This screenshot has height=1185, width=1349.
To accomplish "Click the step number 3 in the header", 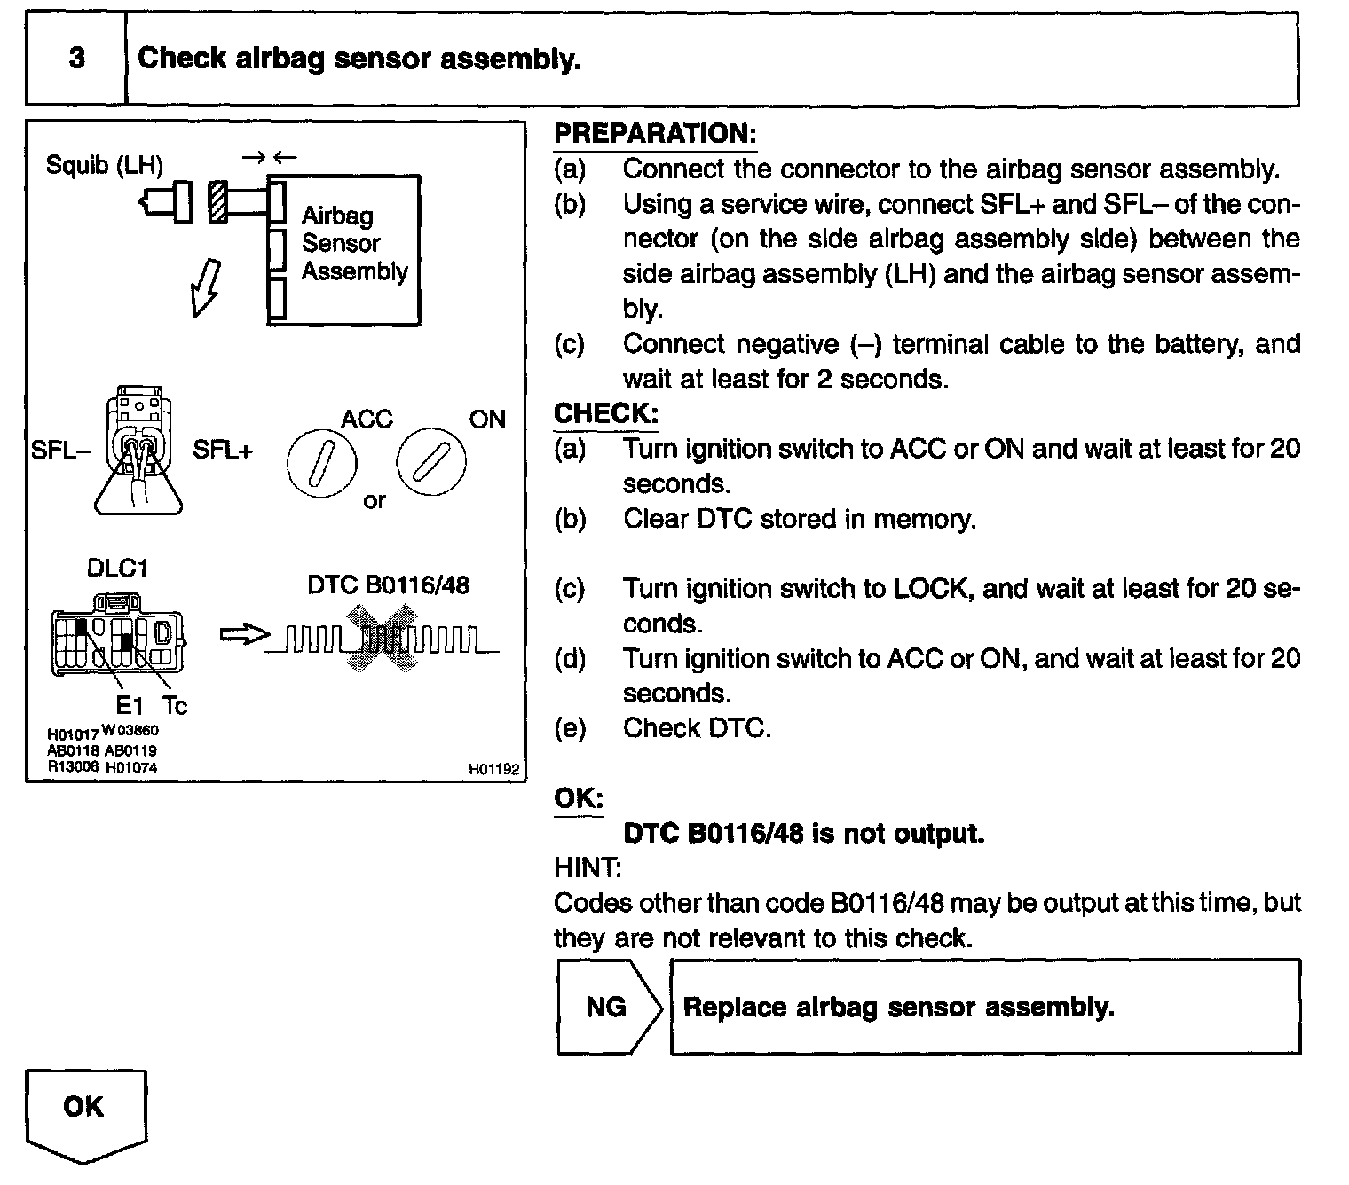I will (x=77, y=59).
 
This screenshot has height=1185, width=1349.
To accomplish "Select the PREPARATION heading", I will (x=655, y=134).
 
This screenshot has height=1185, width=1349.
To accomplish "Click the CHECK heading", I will (x=606, y=413).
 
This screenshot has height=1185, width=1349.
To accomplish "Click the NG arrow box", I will (x=608, y=1007).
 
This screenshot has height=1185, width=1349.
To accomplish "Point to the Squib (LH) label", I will (x=105, y=165).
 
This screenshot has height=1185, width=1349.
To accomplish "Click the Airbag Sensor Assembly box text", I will (x=353, y=244).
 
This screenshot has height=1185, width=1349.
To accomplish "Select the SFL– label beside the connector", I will (x=60, y=450).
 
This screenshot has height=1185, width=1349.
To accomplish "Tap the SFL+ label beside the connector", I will (x=223, y=450).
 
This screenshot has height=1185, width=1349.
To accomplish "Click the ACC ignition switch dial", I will (x=321, y=464).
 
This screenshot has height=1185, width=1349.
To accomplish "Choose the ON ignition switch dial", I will (x=431, y=464).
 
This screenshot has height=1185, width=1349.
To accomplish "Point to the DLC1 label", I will (x=117, y=569).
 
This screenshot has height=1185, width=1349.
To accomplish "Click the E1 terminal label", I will (x=129, y=706).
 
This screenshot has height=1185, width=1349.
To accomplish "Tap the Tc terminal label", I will (x=175, y=706).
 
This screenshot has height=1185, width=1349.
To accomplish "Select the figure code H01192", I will (x=493, y=770).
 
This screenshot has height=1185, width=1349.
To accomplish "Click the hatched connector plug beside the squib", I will (x=217, y=202).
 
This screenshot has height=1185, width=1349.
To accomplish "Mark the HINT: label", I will (x=587, y=867).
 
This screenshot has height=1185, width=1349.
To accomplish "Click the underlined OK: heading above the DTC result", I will (x=579, y=798).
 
